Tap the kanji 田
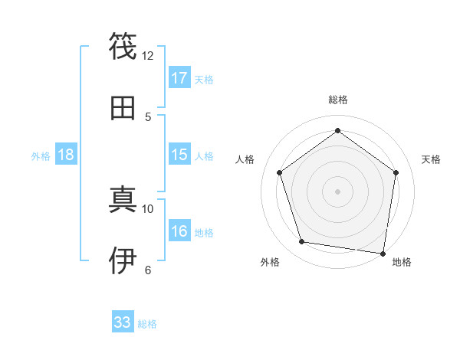(123, 108)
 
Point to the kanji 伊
(123, 260)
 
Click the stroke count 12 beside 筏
(148, 55)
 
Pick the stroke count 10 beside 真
(148, 208)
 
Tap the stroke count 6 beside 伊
(148, 269)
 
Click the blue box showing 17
(179, 78)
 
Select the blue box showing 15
(179, 155)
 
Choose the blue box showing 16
(179, 231)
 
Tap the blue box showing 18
(66, 155)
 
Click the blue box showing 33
(123, 322)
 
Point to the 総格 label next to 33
(147, 324)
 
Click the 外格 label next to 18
(41, 156)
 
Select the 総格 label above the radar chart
(337, 100)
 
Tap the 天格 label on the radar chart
(431, 159)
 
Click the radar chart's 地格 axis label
(402, 262)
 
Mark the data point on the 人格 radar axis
(279, 172)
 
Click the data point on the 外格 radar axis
(302, 242)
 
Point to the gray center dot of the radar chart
(337, 191)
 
